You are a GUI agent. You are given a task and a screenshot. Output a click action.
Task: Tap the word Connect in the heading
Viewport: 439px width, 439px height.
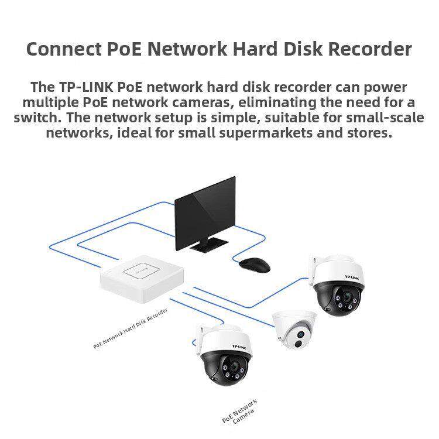coord(63,49)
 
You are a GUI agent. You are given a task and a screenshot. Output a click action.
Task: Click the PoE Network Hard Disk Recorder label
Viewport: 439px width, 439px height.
coord(131,330)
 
